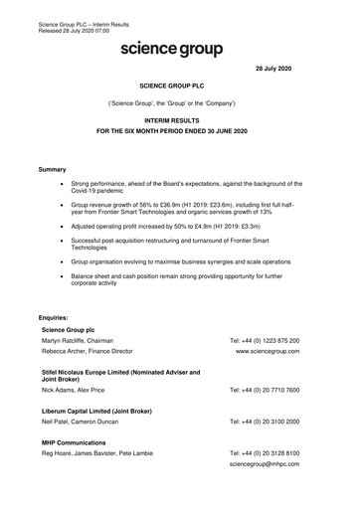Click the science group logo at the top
[x=171, y=48]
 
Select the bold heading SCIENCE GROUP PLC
[x=179, y=87]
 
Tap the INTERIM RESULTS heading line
[x=179, y=117]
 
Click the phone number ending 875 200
[x=264, y=340]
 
